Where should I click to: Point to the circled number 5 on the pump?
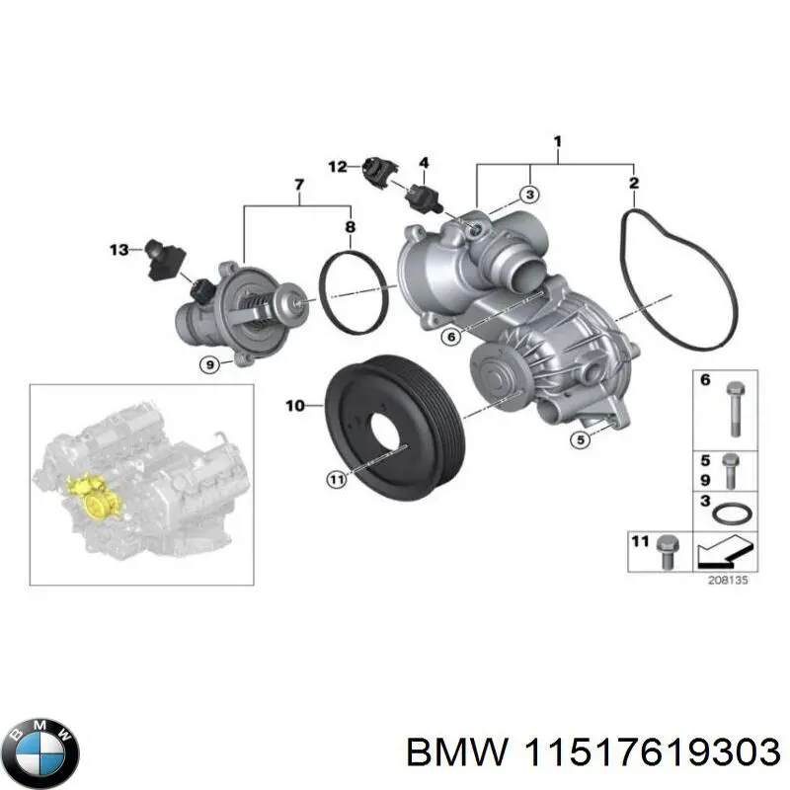pyautogui.click(x=583, y=439)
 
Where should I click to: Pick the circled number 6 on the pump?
pyautogui.click(x=450, y=337)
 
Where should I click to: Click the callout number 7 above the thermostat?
pyautogui.click(x=299, y=185)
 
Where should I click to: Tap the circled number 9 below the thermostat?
pyautogui.click(x=209, y=365)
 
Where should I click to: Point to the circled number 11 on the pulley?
pyautogui.click(x=337, y=479)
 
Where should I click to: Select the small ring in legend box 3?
pyautogui.click(x=731, y=513)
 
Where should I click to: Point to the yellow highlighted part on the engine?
pyautogui.click(x=91, y=495)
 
